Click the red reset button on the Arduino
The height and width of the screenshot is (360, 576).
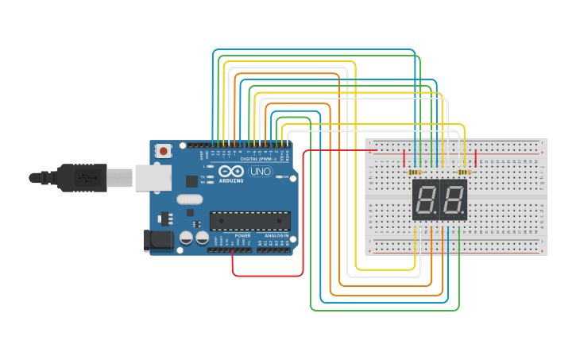164,150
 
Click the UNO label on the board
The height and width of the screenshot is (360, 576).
260,172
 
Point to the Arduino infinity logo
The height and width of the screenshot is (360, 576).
231,172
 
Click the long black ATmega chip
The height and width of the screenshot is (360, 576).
249,223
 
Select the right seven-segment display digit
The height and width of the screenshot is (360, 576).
453,200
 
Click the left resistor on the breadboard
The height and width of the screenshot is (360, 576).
415,172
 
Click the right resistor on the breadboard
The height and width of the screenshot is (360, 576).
465,172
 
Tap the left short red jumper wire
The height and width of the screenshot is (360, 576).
404,157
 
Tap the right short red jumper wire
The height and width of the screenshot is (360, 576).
475,157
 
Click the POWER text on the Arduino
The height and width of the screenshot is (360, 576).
243,236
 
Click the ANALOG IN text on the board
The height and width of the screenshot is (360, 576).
276,236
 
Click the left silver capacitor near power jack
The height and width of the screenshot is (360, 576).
186,238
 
